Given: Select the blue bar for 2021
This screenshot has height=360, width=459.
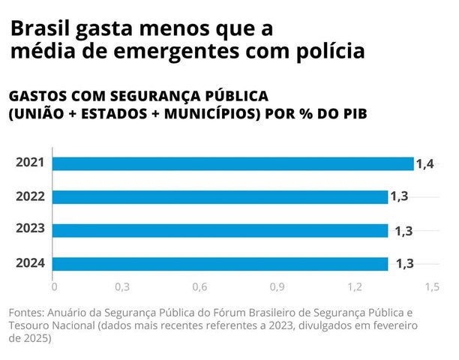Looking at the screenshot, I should (x=232, y=163).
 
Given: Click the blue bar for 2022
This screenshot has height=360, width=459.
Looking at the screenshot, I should (x=220, y=197).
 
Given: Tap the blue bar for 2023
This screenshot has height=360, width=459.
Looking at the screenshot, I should (x=220, y=230).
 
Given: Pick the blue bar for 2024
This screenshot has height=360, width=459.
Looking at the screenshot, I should (x=220, y=264).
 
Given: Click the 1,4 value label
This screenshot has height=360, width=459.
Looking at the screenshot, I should (x=425, y=163).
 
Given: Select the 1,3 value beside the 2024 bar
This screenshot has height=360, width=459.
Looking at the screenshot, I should (x=403, y=264).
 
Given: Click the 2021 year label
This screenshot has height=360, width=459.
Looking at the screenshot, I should (x=31, y=163).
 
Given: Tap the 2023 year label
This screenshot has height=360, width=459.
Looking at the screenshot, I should (x=31, y=229).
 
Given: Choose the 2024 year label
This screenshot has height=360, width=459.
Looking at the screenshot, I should (x=31, y=263).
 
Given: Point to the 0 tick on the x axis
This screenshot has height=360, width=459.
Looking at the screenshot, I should (x=54, y=287).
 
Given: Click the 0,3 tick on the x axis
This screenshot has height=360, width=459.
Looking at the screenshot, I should (x=122, y=287).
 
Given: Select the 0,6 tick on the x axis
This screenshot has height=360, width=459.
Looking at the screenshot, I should (x=199, y=287).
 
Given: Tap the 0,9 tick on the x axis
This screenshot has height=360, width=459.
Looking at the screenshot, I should (x=277, y=287).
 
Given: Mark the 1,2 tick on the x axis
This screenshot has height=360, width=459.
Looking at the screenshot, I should (x=354, y=287).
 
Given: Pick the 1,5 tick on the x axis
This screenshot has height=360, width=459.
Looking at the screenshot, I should (x=431, y=287).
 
